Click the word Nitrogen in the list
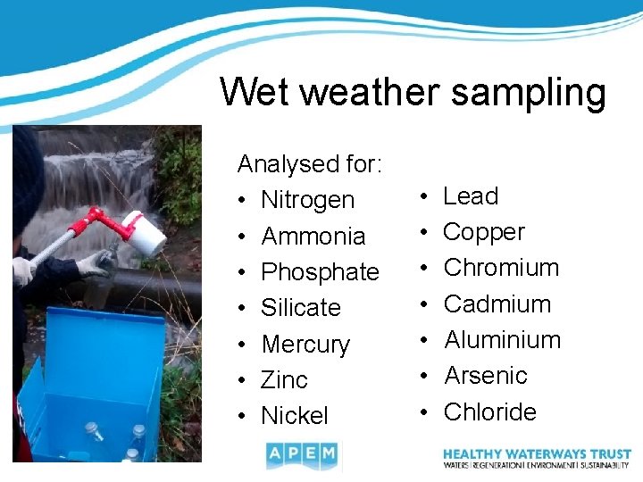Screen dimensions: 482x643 [307, 200]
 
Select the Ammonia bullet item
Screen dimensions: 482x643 [313, 236]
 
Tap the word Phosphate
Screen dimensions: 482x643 [320, 271]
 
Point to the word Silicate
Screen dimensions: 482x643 [301, 308]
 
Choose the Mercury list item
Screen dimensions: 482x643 [305, 344]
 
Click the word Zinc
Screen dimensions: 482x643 [284, 379]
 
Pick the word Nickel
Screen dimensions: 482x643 [295, 415]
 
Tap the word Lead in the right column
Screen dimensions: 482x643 [471, 195]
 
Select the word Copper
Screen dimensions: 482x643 [484, 232]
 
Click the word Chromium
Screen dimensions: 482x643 [501, 268]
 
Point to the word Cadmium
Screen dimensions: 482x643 [497, 303]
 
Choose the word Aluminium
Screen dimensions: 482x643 [503, 340]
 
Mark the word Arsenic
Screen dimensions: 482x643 [486, 376]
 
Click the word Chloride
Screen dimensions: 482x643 [490, 411]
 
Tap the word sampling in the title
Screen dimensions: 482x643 [529, 92]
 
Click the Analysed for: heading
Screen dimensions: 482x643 [310, 163]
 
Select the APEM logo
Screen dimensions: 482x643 [302, 456]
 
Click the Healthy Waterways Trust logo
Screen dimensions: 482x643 [537, 458]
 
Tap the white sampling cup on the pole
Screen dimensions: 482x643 [145, 235]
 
